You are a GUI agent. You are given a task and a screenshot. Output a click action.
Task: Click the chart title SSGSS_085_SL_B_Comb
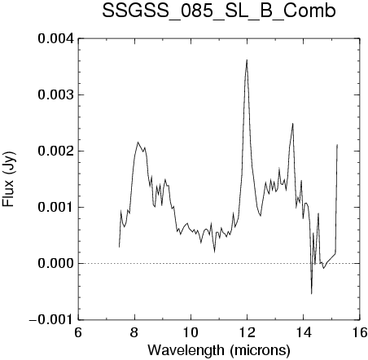pyautogui.click(x=219, y=11)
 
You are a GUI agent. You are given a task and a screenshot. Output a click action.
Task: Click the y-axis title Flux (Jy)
pyautogui.click(x=8, y=179)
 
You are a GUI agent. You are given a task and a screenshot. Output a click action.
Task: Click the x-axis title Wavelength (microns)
pyautogui.click(x=219, y=350)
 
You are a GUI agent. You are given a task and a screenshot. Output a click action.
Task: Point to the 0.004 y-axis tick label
pyautogui.click(x=56, y=38)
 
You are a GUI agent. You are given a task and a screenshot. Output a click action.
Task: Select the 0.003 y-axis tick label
pyautogui.click(x=56, y=94)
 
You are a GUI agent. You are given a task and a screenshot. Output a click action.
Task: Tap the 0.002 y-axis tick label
pyautogui.click(x=56, y=151)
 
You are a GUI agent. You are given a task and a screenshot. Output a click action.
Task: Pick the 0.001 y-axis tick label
pyautogui.click(x=56, y=207)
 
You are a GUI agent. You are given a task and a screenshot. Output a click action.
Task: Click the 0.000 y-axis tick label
pyautogui.click(x=56, y=263)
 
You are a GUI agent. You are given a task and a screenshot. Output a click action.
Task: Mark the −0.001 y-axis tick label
pyautogui.click(x=51, y=319)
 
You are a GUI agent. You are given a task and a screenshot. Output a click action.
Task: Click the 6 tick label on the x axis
pyautogui.click(x=78, y=332)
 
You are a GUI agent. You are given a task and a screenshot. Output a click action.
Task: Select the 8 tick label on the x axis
pyautogui.click(x=134, y=332)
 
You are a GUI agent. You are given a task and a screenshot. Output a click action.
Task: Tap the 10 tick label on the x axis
pyautogui.click(x=191, y=332)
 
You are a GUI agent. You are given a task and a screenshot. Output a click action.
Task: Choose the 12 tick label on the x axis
pyautogui.click(x=247, y=332)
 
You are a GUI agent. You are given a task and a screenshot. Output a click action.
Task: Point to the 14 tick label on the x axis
pyautogui.click(x=304, y=332)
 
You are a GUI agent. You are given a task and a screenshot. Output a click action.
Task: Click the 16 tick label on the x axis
pyautogui.click(x=359, y=332)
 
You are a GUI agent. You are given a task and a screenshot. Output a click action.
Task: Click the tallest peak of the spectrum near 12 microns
pyautogui.click(x=247, y=59)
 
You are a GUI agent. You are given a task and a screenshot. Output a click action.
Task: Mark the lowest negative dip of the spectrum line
pyautogui.click(x=311, y=293)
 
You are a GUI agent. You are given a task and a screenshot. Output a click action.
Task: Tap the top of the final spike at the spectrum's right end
pyautogui.click(x=337, y=145)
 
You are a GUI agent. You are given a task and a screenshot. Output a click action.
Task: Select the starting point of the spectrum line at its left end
pyautogui.click(x=119, y=247)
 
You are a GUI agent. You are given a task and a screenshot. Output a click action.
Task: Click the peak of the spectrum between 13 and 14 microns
pyautogui.click(x=292, y=124)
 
